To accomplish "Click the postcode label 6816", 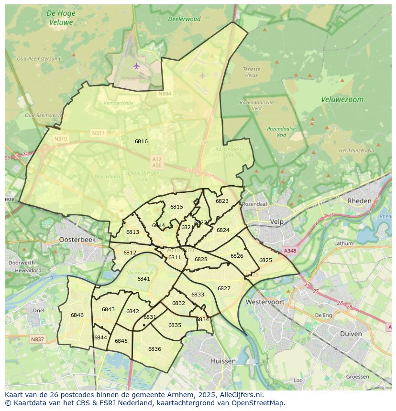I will pos(141,141).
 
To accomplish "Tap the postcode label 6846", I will pos(77,315).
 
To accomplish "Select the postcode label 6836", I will pos(154,349).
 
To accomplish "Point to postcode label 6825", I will pos(265,260).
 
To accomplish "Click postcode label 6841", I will pos(143,279).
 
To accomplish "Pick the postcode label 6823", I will pos(222,201).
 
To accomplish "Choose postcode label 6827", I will pos(224,288).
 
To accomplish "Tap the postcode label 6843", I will pos(108,309).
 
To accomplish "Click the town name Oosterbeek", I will pos(77,240).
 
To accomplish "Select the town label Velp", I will pos(277,221).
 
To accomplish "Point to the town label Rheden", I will pos(360,201).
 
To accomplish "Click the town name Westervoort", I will pos(265,302).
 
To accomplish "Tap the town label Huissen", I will pos(223,361).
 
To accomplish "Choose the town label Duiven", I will pos(351,334).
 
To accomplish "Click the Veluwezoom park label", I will pos(342,100).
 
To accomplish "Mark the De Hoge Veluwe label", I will pos(61,18).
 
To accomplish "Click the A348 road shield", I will pos(290,251).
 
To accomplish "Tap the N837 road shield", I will pos(37,339).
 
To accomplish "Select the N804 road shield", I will pos(165,94).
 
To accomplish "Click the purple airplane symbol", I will pos(137,65).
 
